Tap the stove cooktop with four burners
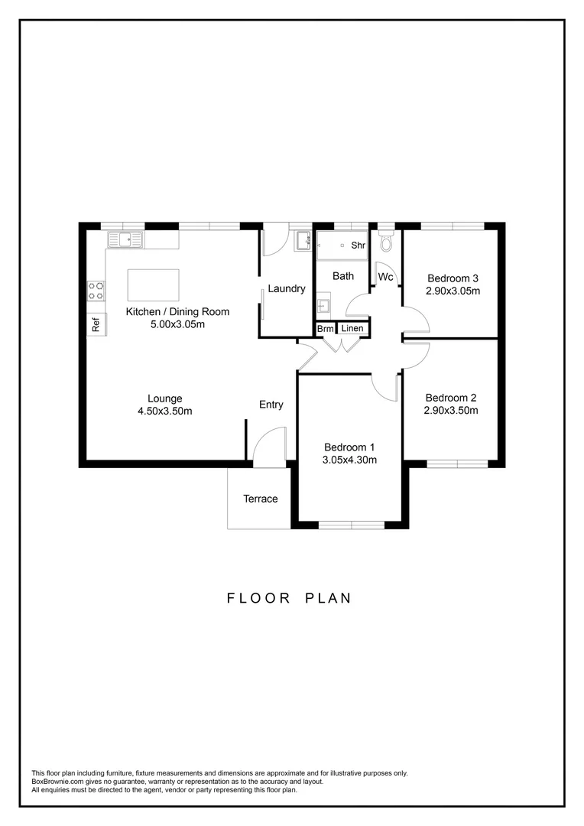[x=96, y=290]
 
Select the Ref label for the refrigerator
[x=96, y=324]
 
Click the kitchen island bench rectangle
[x=153, y=285]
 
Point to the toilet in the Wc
[x=387, y=242]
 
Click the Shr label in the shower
[x=358, y=246]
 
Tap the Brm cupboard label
[x=325, y=329]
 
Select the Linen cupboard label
[x=352, y=329]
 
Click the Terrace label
[x=261, y=499]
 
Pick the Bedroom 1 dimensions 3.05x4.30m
[x=350, y=460]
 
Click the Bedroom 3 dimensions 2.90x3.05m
[x=453, y=291]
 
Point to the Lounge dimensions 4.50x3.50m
[x=165, y=411]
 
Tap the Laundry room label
[x=287, y=288]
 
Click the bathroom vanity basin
[x=324, y=307]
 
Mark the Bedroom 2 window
[x=457, y=463]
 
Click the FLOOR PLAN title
[x=290, y=597]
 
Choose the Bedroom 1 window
[x=352, y=525]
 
